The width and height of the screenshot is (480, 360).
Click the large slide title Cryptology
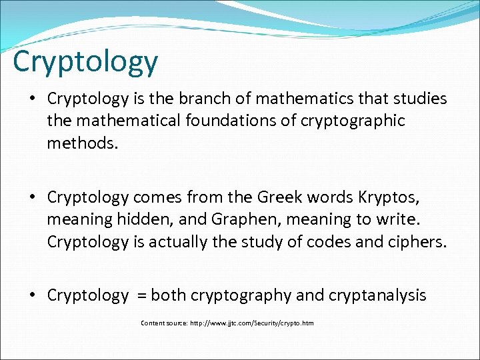pyautogui.click(x=85, y=62)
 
